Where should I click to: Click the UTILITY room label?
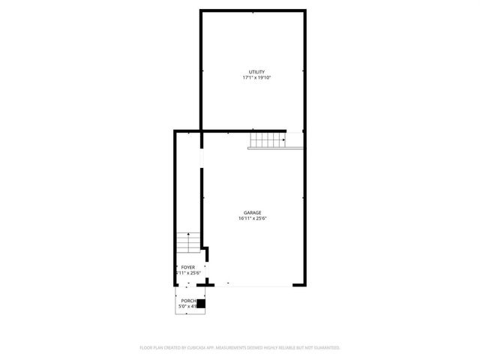point(256,72)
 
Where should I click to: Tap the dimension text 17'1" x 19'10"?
point(256,78)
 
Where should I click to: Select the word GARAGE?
point(252,213)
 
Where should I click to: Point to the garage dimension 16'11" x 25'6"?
point(253,219)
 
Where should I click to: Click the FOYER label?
point(187,267)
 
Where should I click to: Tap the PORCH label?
point(187,301)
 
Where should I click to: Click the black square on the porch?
point(201,304)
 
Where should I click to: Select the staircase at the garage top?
point(268,139)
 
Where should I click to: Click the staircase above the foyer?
point(187,244)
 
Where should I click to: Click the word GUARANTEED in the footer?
point(324,348)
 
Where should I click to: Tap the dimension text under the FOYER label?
point(187,273)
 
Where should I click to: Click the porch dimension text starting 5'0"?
point(187,307)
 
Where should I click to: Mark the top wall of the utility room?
point(253,10)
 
